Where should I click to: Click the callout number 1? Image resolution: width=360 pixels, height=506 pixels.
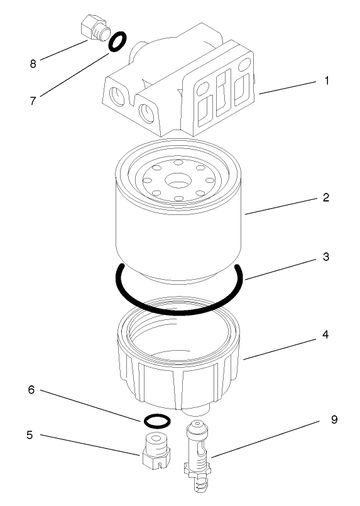tap(326, 81)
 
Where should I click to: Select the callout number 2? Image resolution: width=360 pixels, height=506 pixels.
tap(325, 197)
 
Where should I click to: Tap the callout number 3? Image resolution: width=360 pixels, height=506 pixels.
tap(326, 257)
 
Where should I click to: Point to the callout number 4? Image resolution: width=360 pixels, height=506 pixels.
tap(325, 334)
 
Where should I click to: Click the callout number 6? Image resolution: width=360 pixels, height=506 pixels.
tap(30, 390)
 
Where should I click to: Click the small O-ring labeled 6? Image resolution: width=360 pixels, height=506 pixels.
tap(155, 419)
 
